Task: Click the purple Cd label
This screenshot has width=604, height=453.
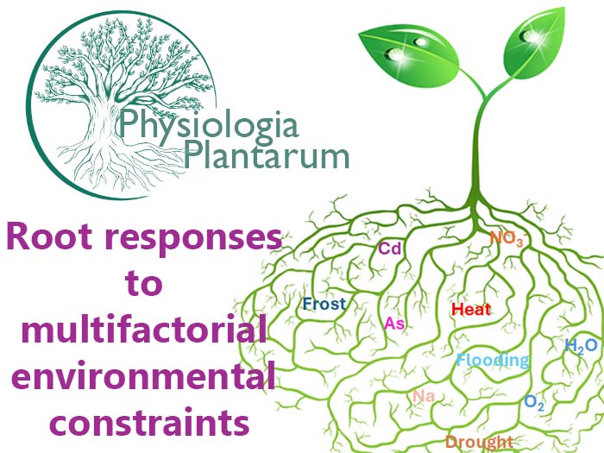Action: coord(391,249)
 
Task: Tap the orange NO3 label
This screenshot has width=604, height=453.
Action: coord(506,239)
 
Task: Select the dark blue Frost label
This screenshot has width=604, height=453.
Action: coord(324,304)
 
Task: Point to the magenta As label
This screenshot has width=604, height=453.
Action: coord(394,324)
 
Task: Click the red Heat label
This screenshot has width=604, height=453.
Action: coord(471,309)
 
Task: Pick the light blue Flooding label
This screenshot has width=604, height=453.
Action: coord(493,360)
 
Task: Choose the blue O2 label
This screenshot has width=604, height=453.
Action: coord(534,402)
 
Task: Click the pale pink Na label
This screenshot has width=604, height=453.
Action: coord(423,396)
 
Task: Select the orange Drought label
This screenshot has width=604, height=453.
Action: coord(479,442)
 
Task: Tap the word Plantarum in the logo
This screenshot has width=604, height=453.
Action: coord(267,157)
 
